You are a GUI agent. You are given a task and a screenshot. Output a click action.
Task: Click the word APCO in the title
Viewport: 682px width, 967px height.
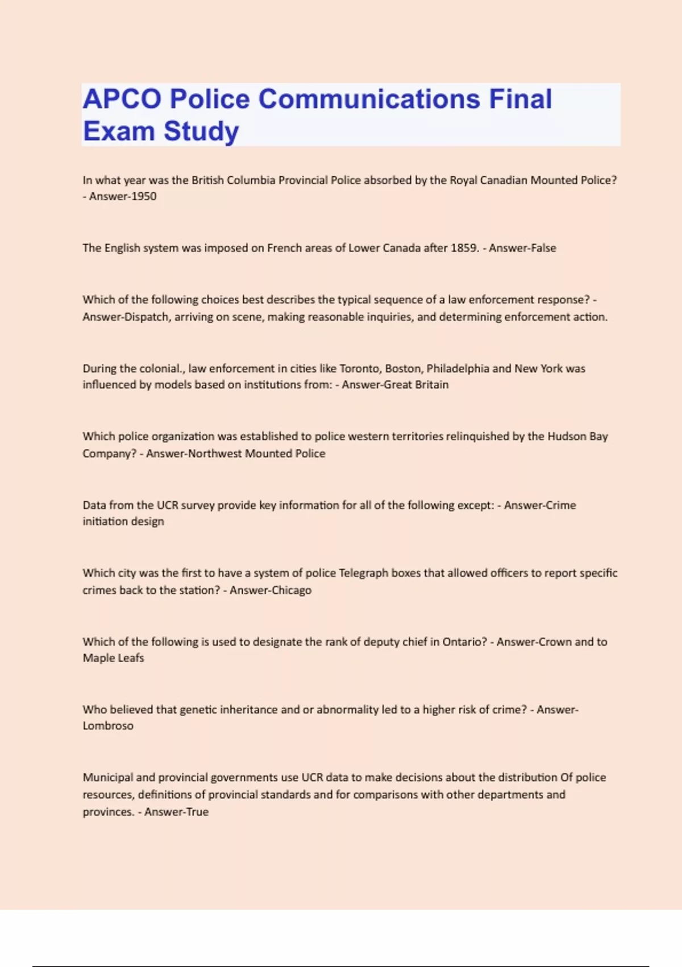point(122,99)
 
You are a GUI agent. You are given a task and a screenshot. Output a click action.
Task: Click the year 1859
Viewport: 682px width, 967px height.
point(464,248)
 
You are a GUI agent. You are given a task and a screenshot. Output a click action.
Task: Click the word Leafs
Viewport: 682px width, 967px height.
point(130,658)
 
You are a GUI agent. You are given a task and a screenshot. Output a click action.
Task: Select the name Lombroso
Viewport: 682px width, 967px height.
point(108,726)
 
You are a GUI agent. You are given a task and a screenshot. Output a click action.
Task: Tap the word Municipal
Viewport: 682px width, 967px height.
point(107,778)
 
